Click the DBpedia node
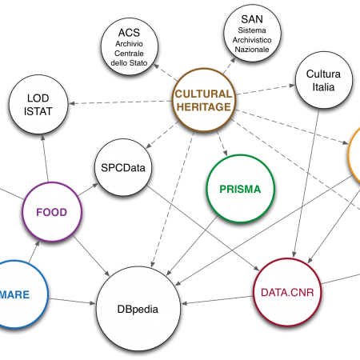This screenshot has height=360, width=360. [x=138, y=309]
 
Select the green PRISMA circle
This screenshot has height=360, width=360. [x=240, y=189]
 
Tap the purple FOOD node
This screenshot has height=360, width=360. [x=52, y=212]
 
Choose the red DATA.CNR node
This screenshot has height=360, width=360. [x=287, y=292]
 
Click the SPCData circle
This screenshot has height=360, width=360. [x=123, y=167]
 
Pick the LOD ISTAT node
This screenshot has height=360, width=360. [x=38, y=104]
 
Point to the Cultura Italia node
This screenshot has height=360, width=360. [x=324, y=80]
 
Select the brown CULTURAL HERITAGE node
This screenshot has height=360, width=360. [x=204, y=100]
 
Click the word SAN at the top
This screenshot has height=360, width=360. [x=252, y=19]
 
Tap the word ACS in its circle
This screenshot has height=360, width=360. [x=129, y=33]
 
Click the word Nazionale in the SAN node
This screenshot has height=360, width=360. [x=252, y=50]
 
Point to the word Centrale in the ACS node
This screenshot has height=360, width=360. [x=129, y=54]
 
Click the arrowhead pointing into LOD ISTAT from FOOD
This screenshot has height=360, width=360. [x=42, y=138]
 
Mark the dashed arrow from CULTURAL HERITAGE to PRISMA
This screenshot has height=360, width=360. [x=222, y=143]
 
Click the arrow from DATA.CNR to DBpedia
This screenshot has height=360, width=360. [x=217, y=300]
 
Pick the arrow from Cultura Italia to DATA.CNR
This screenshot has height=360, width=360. [x=306, y=183]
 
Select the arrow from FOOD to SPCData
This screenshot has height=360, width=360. [x=88, y=190]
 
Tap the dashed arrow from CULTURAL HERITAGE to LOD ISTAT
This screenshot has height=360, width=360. [x=120, y=102]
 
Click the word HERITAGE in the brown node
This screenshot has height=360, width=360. [x=204, y=107]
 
